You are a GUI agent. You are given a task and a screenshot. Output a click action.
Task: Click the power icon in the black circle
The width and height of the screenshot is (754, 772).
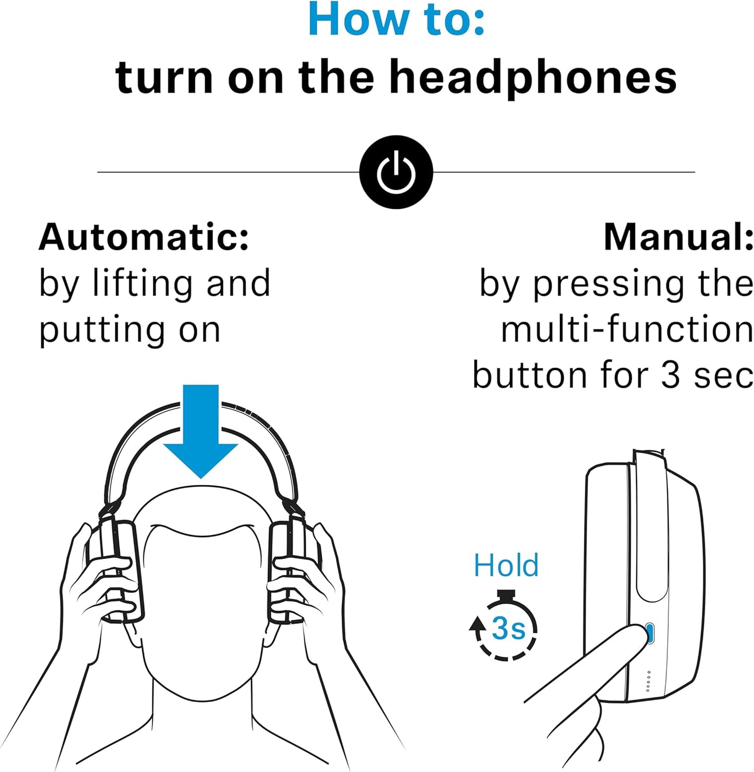(396, 171)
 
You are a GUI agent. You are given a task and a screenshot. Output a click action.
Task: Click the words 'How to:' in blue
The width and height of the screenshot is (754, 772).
(396, 20)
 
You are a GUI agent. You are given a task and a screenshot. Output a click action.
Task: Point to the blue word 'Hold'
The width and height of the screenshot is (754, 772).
(506, 565)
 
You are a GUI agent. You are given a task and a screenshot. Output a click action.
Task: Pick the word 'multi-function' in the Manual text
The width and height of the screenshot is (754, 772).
(627, 329)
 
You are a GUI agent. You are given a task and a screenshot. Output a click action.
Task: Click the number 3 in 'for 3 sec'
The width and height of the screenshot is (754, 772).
(671, 375)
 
